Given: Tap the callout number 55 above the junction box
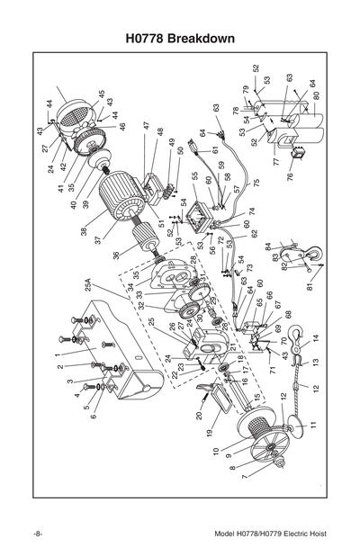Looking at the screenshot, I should pos(193,176).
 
